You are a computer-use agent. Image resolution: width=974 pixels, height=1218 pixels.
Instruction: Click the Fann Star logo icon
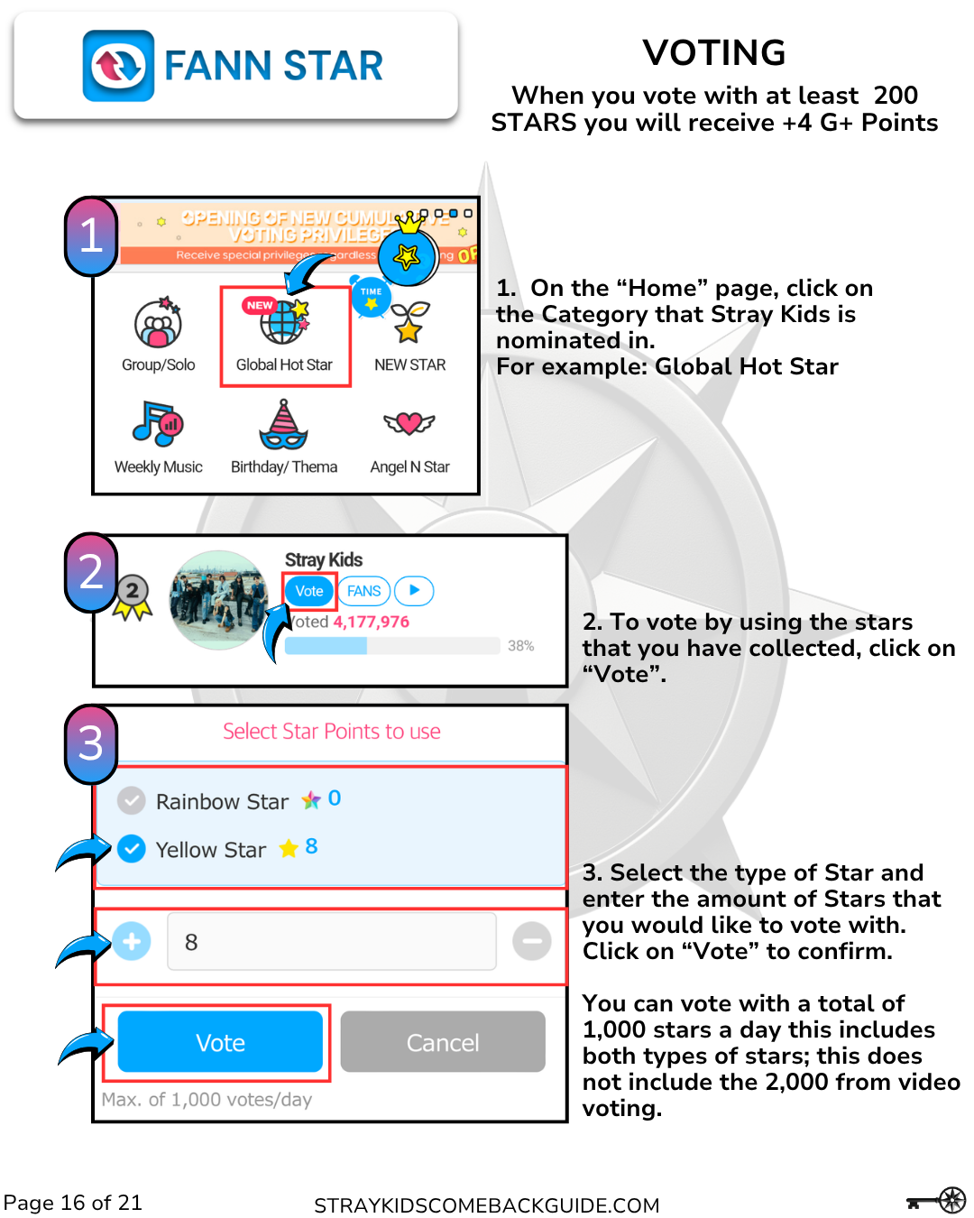[118, 66]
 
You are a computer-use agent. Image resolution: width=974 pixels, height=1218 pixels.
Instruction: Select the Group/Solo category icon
[158, 324]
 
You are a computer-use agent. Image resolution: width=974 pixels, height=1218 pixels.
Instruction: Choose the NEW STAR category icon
[409, 322]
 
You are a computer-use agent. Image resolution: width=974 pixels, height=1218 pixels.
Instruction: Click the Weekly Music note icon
[158, 424]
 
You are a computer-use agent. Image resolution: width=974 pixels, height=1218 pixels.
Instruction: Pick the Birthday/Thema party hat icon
[283, 425]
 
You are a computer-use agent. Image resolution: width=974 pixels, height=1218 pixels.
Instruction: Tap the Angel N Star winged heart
[409, 422]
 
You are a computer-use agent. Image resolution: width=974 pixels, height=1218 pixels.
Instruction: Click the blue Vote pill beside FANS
[309, 591]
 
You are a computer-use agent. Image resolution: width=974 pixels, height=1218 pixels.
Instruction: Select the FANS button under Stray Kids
[364, 591]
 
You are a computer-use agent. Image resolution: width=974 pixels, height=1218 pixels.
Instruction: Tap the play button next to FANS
[414, 590]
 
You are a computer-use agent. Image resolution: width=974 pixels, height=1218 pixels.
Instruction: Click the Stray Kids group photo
[219, 600]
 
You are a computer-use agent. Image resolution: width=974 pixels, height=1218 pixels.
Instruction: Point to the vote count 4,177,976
[371, 622]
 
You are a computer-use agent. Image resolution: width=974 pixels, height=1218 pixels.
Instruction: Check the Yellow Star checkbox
[132, 849]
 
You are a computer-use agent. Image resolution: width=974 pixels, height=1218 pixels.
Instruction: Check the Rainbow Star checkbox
[132, 800]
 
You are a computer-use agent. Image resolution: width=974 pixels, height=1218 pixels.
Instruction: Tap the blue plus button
[132, 941]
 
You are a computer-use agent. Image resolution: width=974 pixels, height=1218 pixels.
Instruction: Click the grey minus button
[532, 941]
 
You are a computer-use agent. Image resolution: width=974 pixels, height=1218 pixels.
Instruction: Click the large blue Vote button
[220, 1042]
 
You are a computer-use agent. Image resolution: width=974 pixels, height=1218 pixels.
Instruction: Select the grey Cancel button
[443, 1042]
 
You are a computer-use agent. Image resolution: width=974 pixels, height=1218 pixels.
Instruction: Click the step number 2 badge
[91, 572]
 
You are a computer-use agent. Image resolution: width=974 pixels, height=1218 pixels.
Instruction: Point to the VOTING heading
[713, 52]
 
